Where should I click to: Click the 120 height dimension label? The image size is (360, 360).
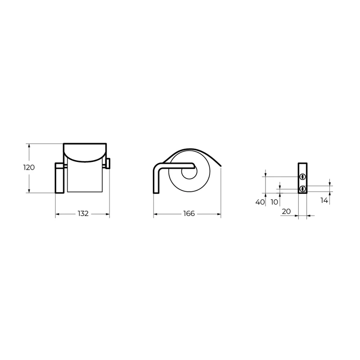(x=29, y=167)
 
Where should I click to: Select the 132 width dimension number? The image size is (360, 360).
(x=83, y=214)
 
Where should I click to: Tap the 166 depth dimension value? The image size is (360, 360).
(x=189, y=214)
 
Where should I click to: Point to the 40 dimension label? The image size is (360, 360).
(x=260, y=202)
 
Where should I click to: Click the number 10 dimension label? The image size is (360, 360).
(x=274, y=202)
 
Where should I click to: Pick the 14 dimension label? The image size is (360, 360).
(x=324, y=200)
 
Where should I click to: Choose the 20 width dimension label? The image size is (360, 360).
(x=286, y=211)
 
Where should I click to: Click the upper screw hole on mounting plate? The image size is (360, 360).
(x=302, y=177)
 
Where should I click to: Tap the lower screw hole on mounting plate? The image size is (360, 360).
(x=302, y=189)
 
